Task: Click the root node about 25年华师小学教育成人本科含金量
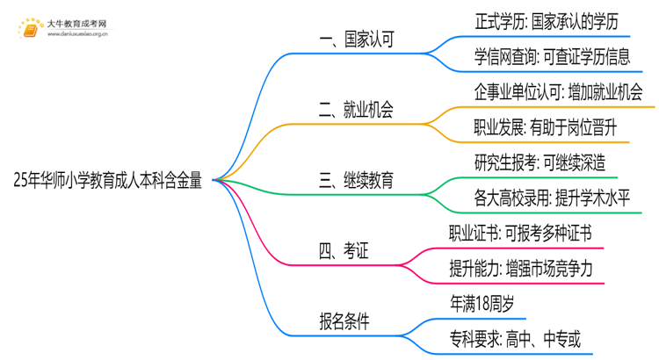coord(108,181)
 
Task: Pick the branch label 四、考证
coord(344,252)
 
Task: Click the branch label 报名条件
coord(344,322)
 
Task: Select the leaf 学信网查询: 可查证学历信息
coord(551,57)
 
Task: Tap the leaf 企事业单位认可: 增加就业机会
coord(558,92)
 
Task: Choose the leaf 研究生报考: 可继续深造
coord(539,163)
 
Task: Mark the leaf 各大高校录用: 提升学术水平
coord(551,198)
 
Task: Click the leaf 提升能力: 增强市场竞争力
coord(525,270)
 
